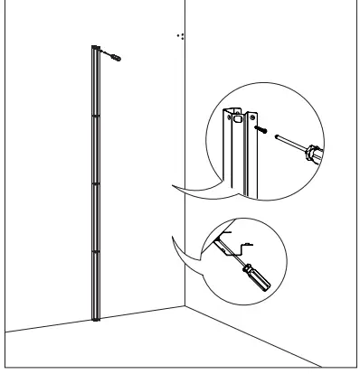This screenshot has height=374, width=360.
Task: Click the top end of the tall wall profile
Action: (94, 48)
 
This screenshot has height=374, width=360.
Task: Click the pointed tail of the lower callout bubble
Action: (171, 238)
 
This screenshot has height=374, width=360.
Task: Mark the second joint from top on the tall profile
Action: (94, 183)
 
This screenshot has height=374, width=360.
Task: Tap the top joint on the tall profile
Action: (94, 116)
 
